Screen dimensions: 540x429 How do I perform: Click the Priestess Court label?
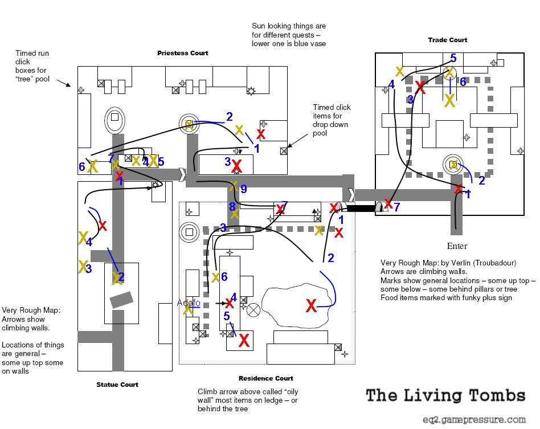click(182, 53)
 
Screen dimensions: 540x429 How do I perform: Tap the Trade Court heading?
click(447, 40)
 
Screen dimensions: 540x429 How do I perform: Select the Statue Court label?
click(117, 385)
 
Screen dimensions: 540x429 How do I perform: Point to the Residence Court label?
click(266, 378)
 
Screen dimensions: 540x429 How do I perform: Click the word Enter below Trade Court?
click(457, 246)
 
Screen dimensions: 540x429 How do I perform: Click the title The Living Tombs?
click(445, 395)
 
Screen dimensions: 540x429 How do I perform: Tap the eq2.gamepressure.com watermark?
click(474, 420)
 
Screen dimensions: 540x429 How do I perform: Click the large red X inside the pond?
click(312, 305)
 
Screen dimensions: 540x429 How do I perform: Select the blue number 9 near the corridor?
click(244, 189)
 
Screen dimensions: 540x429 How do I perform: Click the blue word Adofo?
click(189, 303)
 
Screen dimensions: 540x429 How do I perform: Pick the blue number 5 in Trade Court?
click(453, 58)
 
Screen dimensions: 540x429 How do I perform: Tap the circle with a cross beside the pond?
click(253, 310)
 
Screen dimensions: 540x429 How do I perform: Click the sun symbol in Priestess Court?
click(251, 91)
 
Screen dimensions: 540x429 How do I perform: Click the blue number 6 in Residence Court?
click(224, 276)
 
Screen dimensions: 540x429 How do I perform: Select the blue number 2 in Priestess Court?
click(230, 117)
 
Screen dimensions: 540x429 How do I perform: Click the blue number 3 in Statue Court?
click(88, 268)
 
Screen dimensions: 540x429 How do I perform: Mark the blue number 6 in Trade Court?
click(463, 81)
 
